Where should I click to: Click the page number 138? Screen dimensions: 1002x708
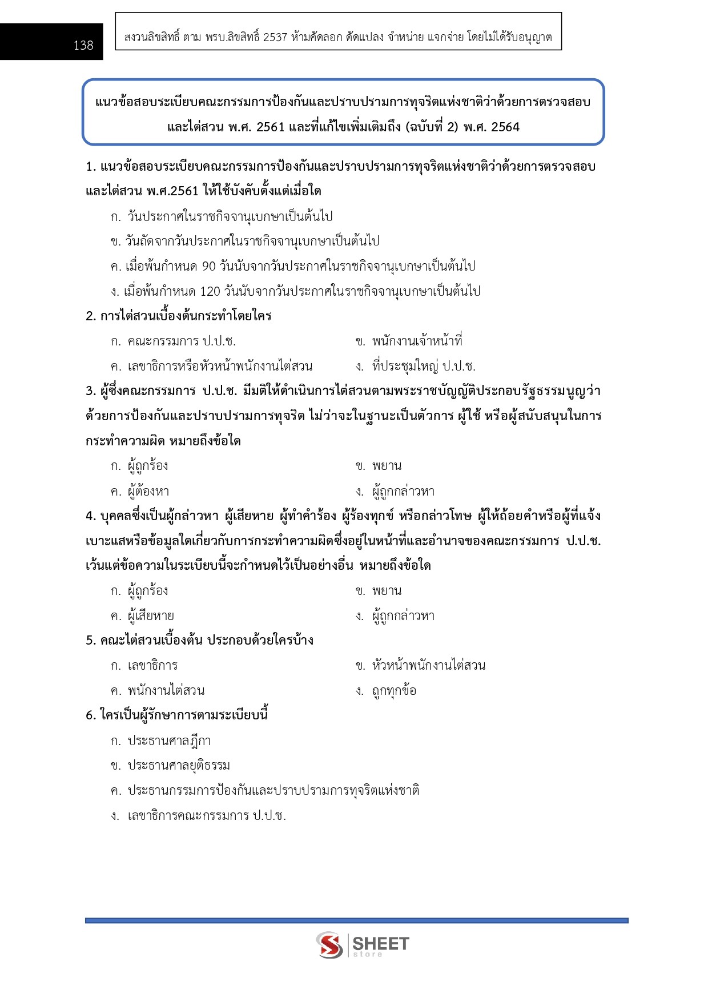tap(83, 45)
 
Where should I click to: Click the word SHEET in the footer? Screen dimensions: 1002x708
tap(381, 943)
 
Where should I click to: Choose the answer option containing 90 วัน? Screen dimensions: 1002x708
tap(293, 266)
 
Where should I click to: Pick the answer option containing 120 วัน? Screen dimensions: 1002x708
tap(295, 291)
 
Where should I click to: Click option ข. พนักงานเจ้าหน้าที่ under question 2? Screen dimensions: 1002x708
tap(409, 341)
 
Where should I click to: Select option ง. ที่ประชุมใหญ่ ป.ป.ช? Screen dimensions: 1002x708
tap(415, 366)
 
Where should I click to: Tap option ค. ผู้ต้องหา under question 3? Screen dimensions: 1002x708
tap(140, 491)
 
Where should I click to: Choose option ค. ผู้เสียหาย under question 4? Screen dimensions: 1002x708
tap(143, 616)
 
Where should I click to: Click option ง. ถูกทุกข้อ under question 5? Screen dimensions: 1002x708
tap(386, 691)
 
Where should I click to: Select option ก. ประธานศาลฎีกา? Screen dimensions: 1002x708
tap(161, 741)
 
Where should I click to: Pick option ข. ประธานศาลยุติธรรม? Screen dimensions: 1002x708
tap(171, 766)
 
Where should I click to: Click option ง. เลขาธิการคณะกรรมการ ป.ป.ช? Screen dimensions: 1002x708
tap(198, 815)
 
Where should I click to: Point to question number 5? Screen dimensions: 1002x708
tap(90, 641)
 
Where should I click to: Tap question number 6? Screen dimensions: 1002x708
tap(90, 715)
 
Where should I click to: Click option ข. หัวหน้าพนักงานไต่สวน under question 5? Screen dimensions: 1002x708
tap(420, 666)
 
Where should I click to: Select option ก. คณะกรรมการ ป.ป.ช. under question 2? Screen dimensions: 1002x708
tap(174, 341)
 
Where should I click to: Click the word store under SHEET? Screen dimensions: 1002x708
tap(368, 954)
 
